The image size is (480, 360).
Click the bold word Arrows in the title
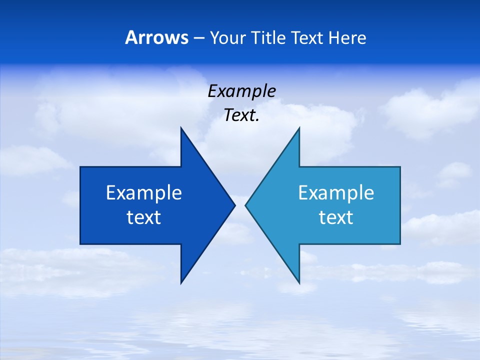[x=156, y=38]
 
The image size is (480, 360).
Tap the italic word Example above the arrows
[x=241, y=91]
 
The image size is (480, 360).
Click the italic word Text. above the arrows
[x=241, y=115]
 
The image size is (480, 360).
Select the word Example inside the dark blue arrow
[x=144, y=193]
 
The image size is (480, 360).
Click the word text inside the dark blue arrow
[x=144, y=217]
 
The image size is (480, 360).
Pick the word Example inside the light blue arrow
[x=336, y=193]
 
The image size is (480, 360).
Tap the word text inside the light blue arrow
[x=336, y=217]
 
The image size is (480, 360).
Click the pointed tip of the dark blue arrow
[x=234, y=205]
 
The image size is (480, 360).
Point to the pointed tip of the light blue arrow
[x=245, y=205]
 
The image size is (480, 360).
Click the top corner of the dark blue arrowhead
[x=181, y=128]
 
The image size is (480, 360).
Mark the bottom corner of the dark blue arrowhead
[x=181, y=283]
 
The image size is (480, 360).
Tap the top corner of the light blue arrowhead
[x=299, y=128]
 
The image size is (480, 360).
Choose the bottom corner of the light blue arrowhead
[x=299, y=283]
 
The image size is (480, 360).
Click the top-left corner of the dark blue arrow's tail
[x=80, y=167]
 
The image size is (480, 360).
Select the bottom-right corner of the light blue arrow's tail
[x=400, y=244]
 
